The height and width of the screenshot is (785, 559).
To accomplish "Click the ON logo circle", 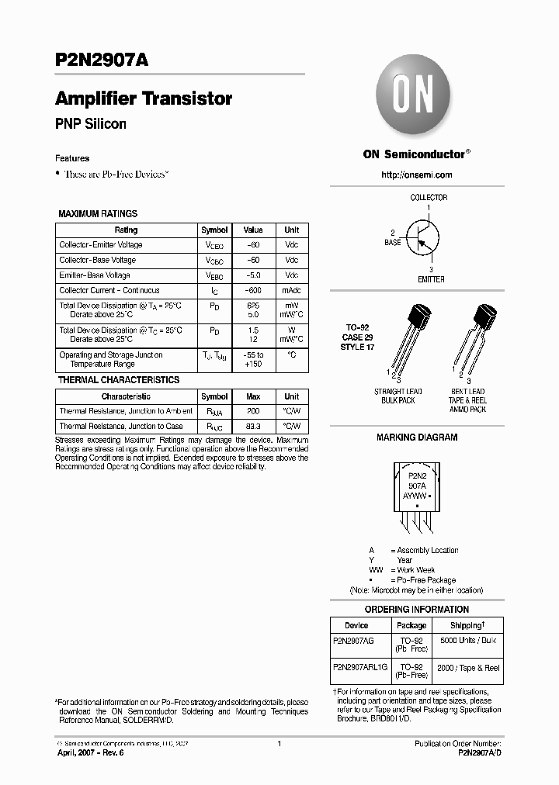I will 415,99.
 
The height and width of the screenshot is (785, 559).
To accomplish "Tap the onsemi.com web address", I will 416,175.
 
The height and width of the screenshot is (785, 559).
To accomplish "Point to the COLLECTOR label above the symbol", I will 429,198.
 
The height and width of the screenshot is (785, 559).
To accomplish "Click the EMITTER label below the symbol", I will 431,279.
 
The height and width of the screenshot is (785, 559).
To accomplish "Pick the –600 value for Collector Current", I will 253,290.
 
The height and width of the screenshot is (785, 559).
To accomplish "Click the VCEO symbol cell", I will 214,245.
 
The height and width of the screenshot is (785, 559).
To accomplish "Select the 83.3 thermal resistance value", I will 253,427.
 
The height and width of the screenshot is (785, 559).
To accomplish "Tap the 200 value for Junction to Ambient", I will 253,411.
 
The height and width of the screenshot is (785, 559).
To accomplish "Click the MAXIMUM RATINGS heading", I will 98,214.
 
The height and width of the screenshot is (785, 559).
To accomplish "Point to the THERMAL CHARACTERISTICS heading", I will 119,380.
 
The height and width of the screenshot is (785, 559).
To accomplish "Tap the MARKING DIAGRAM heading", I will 417,437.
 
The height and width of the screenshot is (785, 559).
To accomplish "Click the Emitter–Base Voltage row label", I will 95,275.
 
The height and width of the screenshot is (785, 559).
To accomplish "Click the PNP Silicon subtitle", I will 91,124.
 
